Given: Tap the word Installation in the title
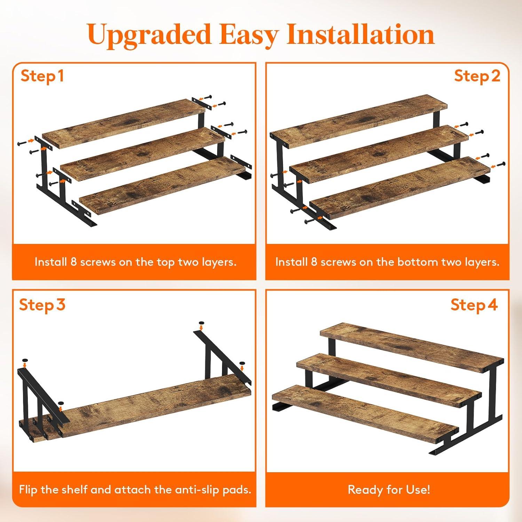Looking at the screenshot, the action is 361,34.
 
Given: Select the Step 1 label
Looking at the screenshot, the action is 42,76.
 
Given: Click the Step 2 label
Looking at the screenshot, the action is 477,76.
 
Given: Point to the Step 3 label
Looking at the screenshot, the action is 42,305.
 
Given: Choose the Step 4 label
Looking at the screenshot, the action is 474,305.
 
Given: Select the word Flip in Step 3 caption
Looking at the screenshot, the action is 28,490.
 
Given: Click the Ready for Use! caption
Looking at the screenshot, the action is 389,490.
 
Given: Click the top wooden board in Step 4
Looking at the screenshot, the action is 412,347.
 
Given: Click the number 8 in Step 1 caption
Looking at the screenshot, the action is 73,262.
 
